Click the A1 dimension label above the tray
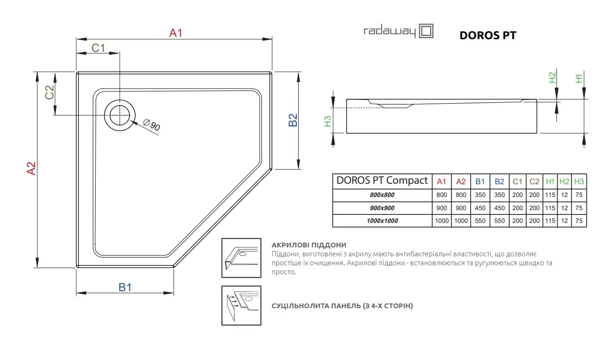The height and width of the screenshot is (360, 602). (176, 33)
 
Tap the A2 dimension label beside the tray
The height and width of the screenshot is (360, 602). (31, 168)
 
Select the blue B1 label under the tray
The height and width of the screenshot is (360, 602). (125, 287)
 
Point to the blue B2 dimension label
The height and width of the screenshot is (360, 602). (293, 120)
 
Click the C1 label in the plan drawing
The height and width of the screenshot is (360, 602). (98, 48)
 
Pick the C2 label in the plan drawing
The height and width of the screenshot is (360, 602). (49, 92)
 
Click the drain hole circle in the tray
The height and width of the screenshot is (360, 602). (120, 115)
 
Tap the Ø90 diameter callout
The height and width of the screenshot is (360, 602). (152, 124)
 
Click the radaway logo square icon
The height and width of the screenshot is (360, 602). (426, 31)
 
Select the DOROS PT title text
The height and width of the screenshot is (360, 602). (488, 35)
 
